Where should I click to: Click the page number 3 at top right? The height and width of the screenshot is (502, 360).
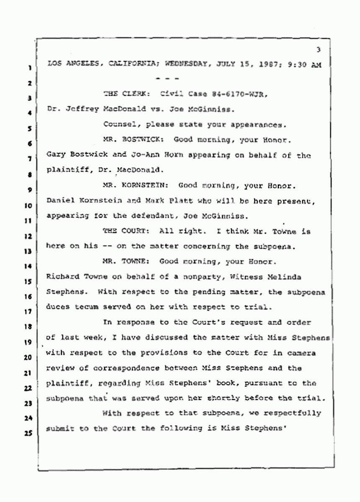(x=318, y=50)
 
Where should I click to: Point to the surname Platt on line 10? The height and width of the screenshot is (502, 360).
(x=181, y=201)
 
